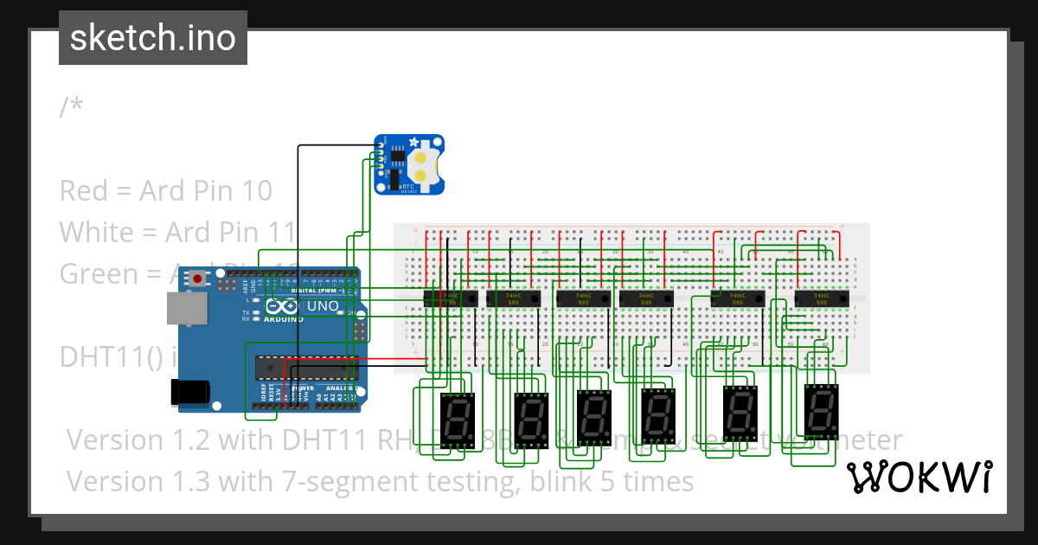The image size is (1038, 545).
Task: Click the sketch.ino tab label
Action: coord(153,38)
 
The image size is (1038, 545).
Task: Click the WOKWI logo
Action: coord(919,477)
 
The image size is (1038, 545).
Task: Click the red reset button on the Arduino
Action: coord(199,279)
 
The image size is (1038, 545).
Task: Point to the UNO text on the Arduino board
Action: coord(322,305)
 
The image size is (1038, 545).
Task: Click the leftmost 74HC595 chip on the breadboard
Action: coord(450,298)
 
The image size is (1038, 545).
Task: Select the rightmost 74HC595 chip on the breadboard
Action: coord(821,298)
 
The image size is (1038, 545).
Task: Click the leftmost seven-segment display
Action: coord(457,419)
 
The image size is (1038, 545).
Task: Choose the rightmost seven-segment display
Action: coord(820,410)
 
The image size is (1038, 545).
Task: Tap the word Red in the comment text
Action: coord(84,190)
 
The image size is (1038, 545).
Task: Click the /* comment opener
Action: coord(72,107)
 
